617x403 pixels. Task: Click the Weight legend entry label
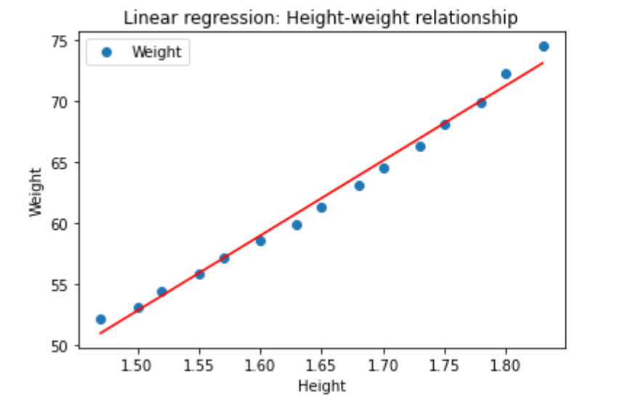point(156,52)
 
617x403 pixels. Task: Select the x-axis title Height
point(322,385)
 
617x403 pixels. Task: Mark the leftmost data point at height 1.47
point(100,319)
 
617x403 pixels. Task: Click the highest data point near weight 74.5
point(544,47)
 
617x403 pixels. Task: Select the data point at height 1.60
point(260,241)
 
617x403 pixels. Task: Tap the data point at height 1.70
point(384,169)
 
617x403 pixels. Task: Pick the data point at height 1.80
point(506,74)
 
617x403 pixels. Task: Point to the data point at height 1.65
point(321,208)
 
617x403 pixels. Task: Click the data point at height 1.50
point(138,308)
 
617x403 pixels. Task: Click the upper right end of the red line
point(543,63)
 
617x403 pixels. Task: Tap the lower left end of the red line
point(100,333)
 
